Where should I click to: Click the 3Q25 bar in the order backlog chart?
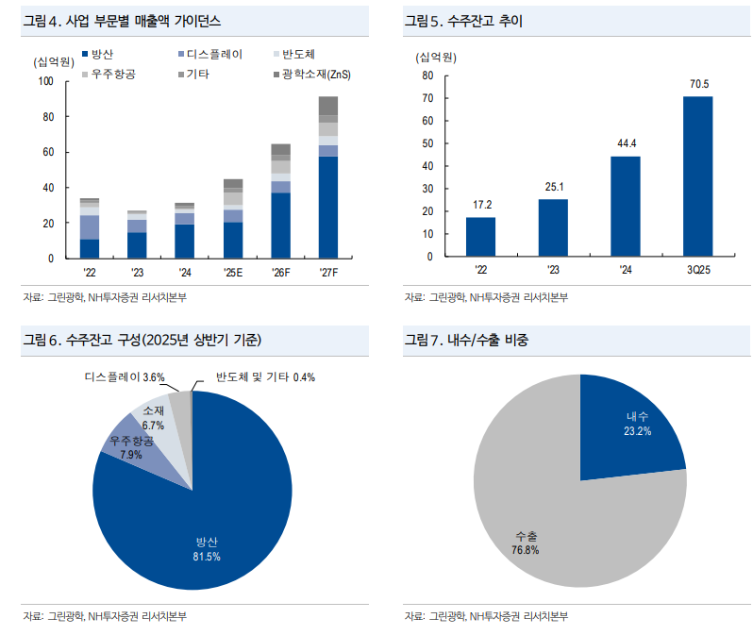coord(697,175)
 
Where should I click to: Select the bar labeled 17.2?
coord(480,236)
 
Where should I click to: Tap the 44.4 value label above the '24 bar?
coord(627,143)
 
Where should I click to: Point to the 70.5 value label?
coord(698,84)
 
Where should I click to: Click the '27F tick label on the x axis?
coord(327,273)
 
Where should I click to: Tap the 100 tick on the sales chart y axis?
coord(45,81)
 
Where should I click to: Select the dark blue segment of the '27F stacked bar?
coord(328,208)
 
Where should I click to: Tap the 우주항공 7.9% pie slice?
coord(130,447)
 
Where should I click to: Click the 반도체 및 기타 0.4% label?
coord(264,377)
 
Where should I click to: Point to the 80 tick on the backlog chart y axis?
coord(427,75)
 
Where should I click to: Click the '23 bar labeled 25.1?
coord(553,227)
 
